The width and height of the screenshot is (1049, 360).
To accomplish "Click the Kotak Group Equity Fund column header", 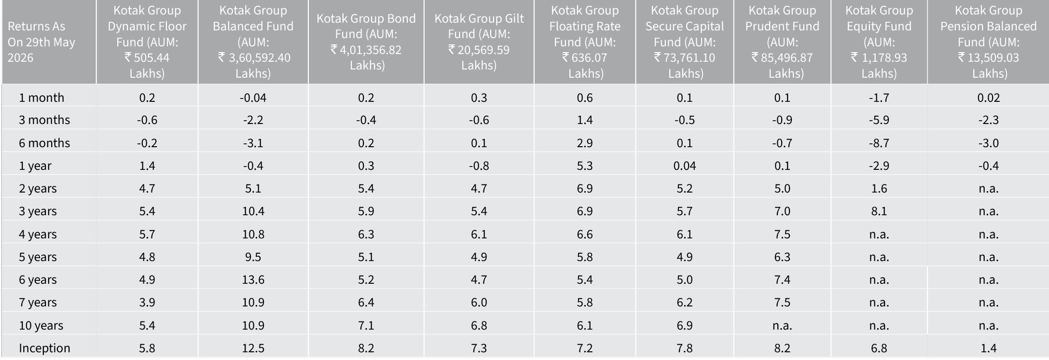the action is pyautogui.click(x=879, y=42).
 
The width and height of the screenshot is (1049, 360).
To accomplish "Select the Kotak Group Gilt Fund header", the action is pyautogui.click(x=479, y=42).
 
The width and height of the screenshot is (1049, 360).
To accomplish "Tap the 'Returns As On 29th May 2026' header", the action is pyautogui.click(x=41, y=42).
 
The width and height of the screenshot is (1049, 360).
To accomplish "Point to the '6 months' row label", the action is pyautogui.click(x=44, y=143).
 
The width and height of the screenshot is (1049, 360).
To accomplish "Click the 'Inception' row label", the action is pyautogui.click(x=44, y=348).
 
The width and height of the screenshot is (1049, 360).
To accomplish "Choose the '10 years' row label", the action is pyautogui.click(x=41, y=326).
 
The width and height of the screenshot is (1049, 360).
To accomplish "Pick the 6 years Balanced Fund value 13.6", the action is pyautogui.click(x=253, y=280).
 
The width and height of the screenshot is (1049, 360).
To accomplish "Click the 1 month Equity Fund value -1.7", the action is pyautogui.click(x=879, y=98).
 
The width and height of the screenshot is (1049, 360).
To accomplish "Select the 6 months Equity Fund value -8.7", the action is pyautogui.click(x=879, y=143).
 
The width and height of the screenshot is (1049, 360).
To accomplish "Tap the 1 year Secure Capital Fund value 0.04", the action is pyautogui.click(x=684, y=166).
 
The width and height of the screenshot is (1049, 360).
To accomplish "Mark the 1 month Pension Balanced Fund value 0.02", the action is pyautogui.click(x=988, y=98).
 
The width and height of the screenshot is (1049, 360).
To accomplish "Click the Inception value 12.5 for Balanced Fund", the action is pyautogui.click(x=253, y=348).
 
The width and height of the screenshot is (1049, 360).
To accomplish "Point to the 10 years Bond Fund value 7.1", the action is pyautogui.click(x=366, y=326).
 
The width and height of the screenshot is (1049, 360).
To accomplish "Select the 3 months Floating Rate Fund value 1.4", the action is pyautogui.click(x=584, y=120).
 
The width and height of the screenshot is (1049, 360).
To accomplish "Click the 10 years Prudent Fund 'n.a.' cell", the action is pyautogui.click(x=782, y=326).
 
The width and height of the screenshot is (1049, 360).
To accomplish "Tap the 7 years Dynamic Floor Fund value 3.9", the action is pyautogui.click(x=147, y=303).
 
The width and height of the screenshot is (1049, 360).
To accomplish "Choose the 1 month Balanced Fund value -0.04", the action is pyautogui.click(x=253, y=98).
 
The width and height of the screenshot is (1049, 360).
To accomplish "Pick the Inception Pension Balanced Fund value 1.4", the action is pyautogui.click(x=988, y=348).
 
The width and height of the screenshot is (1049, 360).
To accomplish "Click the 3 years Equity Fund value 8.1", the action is pyautogui.click(x=879, y=211).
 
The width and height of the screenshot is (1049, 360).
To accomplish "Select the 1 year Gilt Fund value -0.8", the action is pyautogui.click(x=479, y=166).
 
